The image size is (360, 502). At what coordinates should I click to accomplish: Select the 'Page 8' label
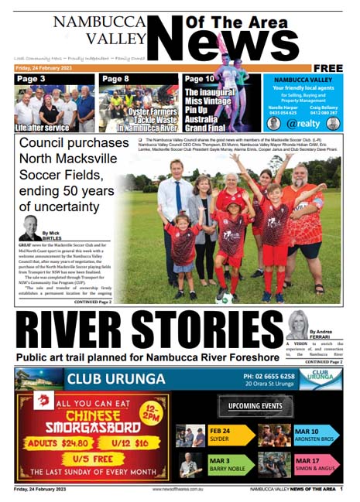tap(116, 79)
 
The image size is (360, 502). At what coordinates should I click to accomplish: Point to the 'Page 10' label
tap(200, 79)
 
